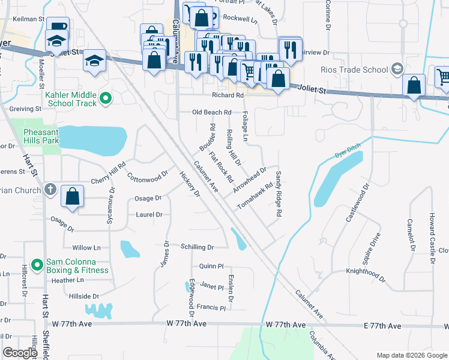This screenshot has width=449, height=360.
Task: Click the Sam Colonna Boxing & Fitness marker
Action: (37, 264)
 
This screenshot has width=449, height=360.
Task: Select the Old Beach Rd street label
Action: (211, 112)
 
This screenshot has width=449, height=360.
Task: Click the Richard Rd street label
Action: (228, 95)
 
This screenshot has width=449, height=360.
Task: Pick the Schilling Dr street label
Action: (197, 247)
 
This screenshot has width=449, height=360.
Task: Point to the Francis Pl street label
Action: (211, 308)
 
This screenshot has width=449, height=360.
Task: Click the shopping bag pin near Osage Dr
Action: (72, 196)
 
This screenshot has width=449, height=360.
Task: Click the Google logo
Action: (20, 353)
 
